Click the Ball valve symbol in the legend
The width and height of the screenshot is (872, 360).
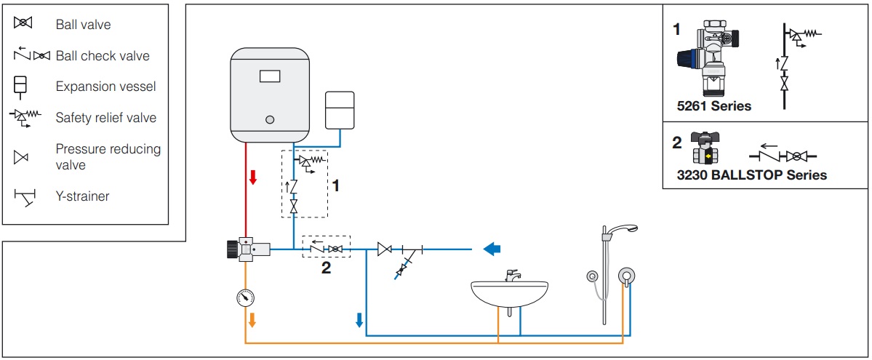tap(23, 23)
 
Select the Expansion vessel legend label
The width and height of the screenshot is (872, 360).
tap(105, 87)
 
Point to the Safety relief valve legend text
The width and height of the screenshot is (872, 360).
tap(105, 118)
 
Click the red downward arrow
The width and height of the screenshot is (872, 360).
tap(253, 177)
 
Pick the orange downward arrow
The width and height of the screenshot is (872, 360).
tap(252, 320)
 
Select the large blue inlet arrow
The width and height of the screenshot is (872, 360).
tap(492, 249)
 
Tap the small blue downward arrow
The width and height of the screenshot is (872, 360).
tap(359, 320)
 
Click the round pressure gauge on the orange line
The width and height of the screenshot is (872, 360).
tap(245, 298)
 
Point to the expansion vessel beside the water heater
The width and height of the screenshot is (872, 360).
tap(339, 110)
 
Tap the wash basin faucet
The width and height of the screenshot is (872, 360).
tap(512, 276)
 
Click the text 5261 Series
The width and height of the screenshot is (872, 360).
tap(714, 105)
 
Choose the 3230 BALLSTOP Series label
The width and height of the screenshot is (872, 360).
tap(752, 175)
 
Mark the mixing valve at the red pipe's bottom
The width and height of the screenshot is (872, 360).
tap(247, 249)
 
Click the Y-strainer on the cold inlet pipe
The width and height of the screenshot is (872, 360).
tap(408, 258)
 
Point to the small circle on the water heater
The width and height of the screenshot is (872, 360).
tap(270, 119)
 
